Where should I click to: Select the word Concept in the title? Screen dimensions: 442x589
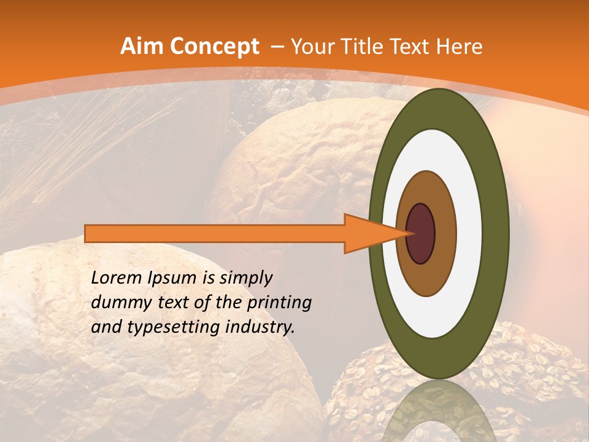point(214,47)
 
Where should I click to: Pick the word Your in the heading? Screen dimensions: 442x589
point(312,47)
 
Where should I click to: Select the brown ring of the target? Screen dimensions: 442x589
point(445,234)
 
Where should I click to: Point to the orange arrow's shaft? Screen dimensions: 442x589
point(215,234)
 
